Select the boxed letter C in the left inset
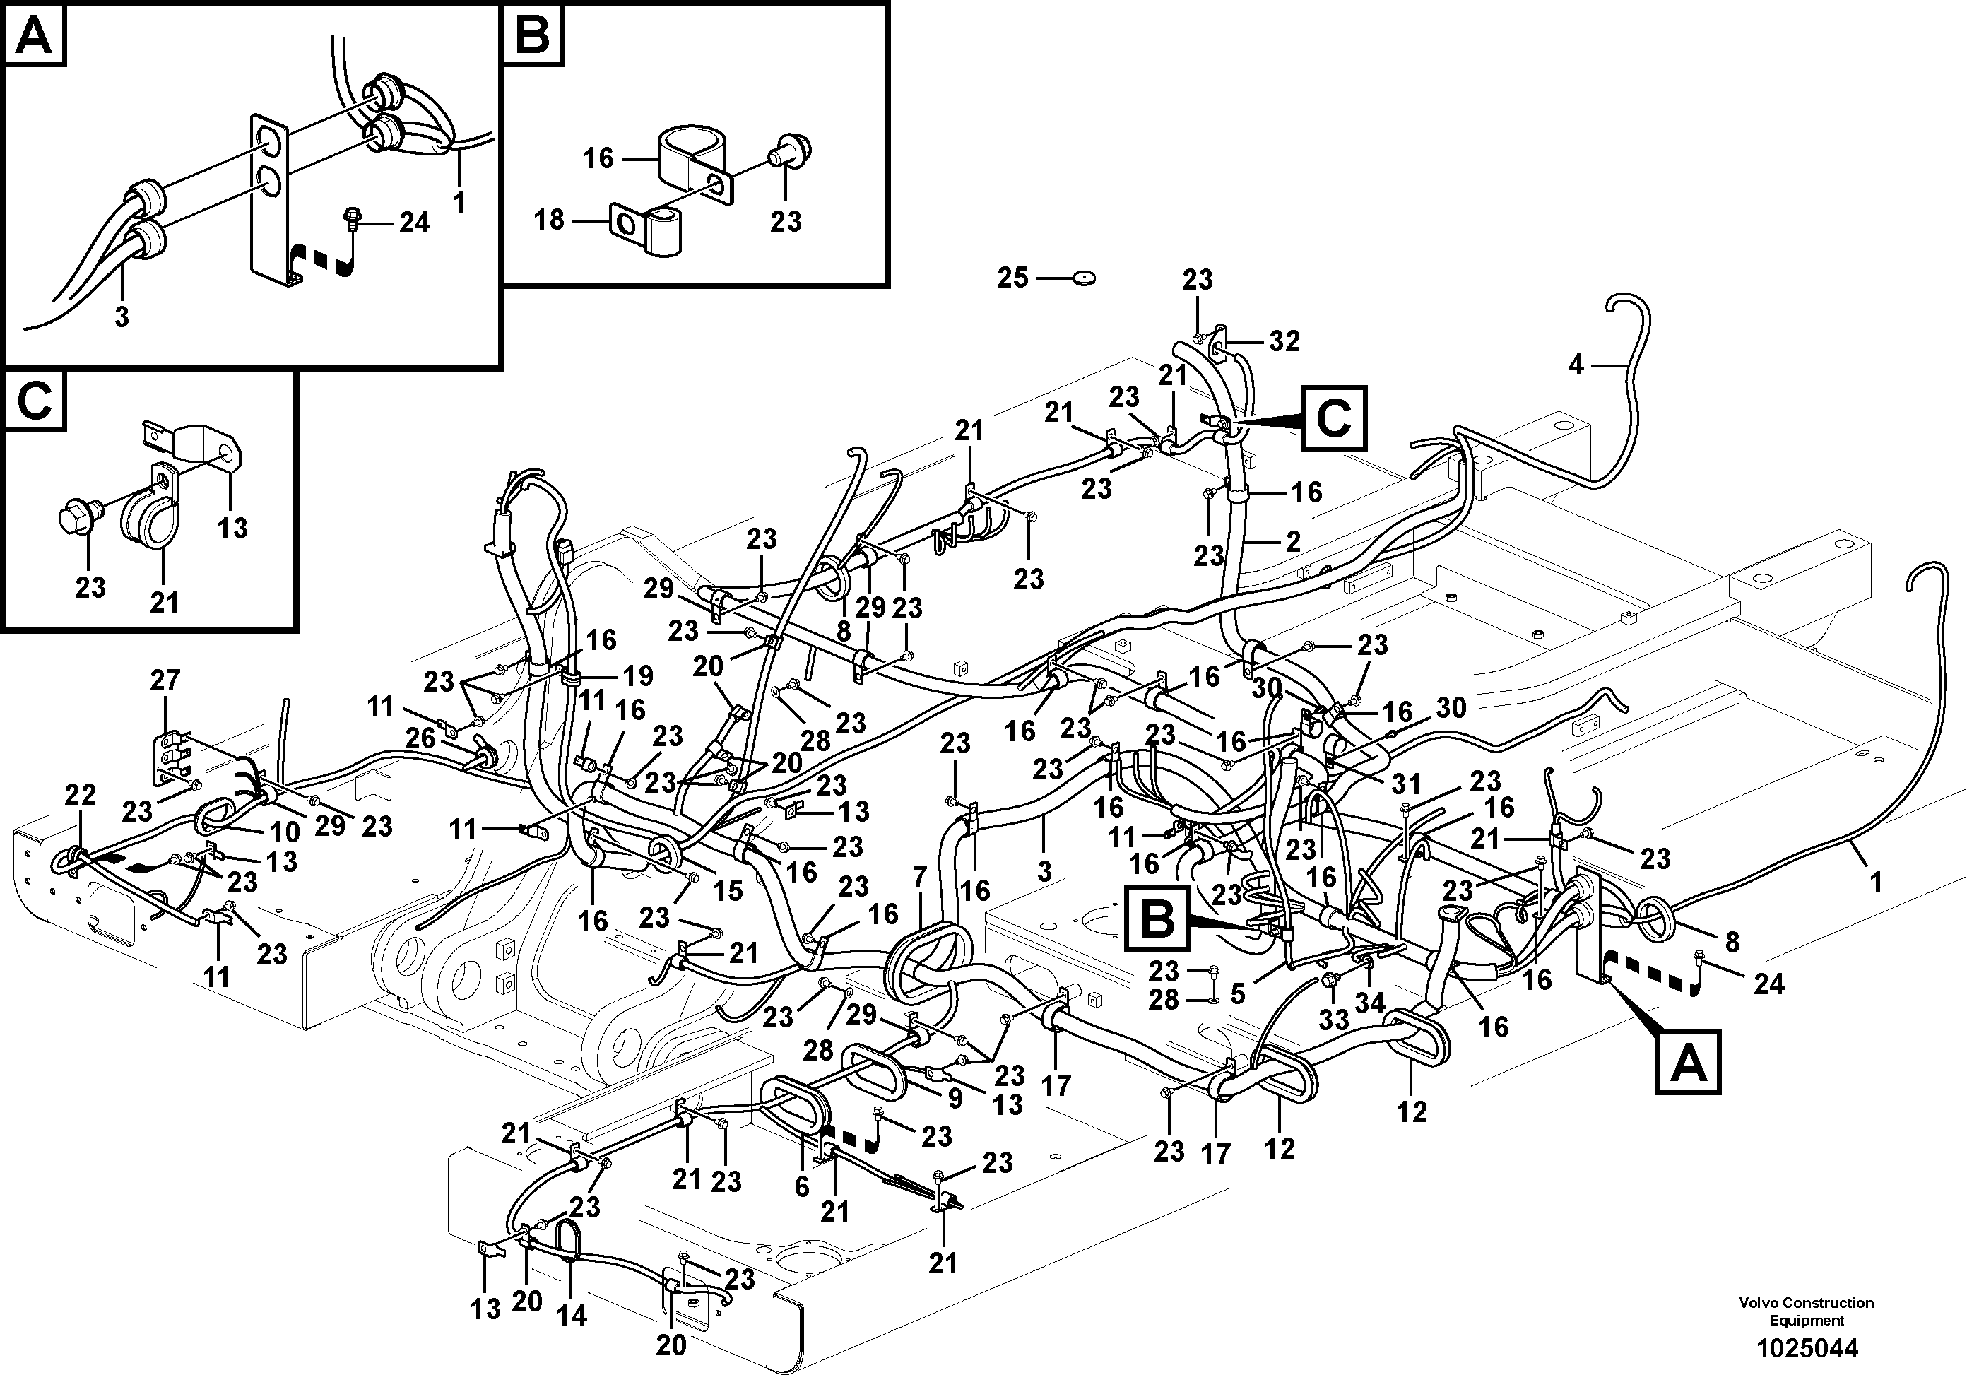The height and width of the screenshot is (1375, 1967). coord(35,400)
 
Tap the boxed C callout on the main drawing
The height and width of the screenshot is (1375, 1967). coord(1334,418)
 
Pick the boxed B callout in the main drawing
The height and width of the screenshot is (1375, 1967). coord(1158,920)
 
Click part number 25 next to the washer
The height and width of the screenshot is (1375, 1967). coord(1012,278)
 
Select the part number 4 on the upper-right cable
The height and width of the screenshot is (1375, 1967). coord(1576,365)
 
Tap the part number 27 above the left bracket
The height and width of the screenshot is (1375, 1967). coord(165,680)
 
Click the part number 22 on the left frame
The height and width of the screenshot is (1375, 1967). coord(81,795)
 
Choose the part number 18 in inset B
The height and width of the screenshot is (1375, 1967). coord(549,220)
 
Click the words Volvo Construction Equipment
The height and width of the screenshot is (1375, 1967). coord(1806,1311)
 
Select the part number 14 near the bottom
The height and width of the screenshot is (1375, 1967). coord(572,1316)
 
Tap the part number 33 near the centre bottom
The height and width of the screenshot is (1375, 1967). coord(1333,1019)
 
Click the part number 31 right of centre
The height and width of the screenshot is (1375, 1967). coord(1405,784)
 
